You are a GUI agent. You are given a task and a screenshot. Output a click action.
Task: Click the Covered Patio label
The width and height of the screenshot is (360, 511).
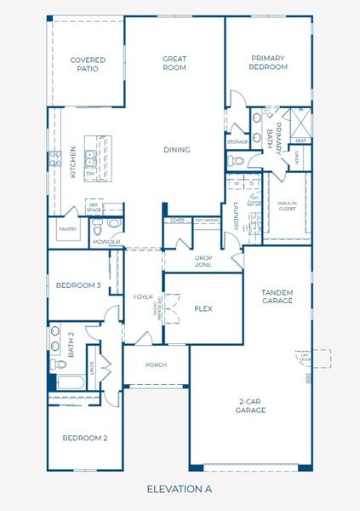coord(88,64)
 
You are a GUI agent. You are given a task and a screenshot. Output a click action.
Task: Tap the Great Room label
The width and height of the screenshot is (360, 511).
coord(174,63)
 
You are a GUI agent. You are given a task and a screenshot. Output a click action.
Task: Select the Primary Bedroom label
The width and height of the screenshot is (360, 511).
coord(268,62)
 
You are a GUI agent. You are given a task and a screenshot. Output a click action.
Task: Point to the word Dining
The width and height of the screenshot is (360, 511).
coord(177,150)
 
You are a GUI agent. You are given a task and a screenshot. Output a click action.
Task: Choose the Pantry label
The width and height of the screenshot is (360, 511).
coord(67,229)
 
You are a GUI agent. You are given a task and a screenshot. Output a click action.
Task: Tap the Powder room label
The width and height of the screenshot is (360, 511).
coord(106,242)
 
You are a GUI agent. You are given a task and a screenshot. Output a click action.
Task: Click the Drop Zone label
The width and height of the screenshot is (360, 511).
coord(203,261)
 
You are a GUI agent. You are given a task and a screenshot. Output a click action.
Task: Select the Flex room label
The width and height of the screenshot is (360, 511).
coord(203,308)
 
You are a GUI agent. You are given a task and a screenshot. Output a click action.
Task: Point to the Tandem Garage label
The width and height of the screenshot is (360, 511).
coord(277,296)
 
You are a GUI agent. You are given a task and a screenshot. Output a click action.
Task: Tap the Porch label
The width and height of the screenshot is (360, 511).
coord(156,365)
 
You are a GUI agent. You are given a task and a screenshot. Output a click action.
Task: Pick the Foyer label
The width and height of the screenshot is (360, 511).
coord(142,296)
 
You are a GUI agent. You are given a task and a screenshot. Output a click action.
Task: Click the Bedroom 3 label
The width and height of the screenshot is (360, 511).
coord(79,284)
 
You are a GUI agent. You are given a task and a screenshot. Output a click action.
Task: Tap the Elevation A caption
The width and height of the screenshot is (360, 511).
coord(179,489)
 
